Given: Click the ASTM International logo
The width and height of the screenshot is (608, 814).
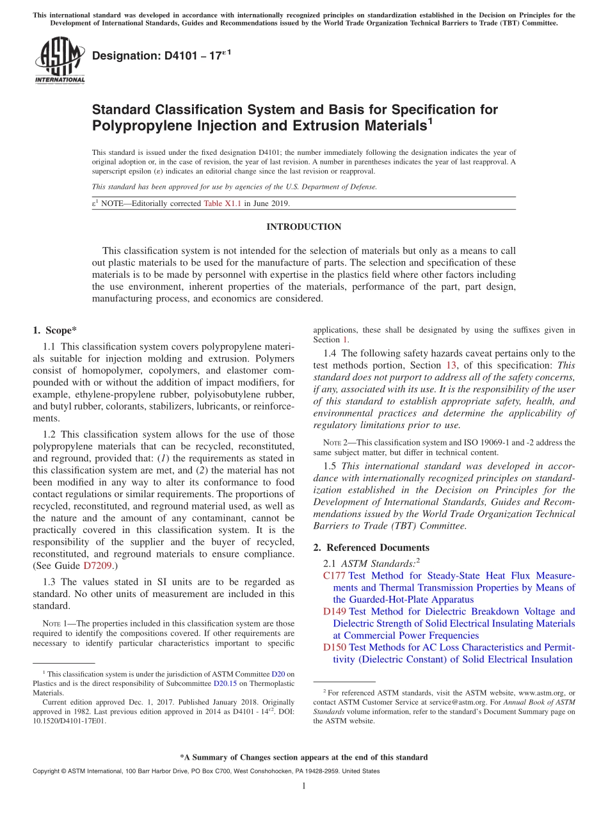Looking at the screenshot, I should coord(59,61).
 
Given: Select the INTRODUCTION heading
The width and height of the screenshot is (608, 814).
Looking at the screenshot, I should coord(303,227).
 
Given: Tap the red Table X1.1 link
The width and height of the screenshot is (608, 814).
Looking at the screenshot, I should coord(222,203).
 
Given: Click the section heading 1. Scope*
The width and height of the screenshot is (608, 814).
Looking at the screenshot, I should coord(54,330).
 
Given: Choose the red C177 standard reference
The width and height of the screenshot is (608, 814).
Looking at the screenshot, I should coord(335,576).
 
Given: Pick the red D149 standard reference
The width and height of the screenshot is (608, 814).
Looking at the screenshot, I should coord(335,612).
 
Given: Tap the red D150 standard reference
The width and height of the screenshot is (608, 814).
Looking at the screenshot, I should coord(335,648).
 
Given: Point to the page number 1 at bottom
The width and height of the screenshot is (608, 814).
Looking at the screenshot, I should coord(304,786).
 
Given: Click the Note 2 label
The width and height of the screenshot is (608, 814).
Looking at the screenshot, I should coord(328,443).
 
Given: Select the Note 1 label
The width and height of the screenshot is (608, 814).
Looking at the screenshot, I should coord(51,623).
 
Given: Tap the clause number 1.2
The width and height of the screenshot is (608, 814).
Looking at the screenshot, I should coord(51,435).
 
